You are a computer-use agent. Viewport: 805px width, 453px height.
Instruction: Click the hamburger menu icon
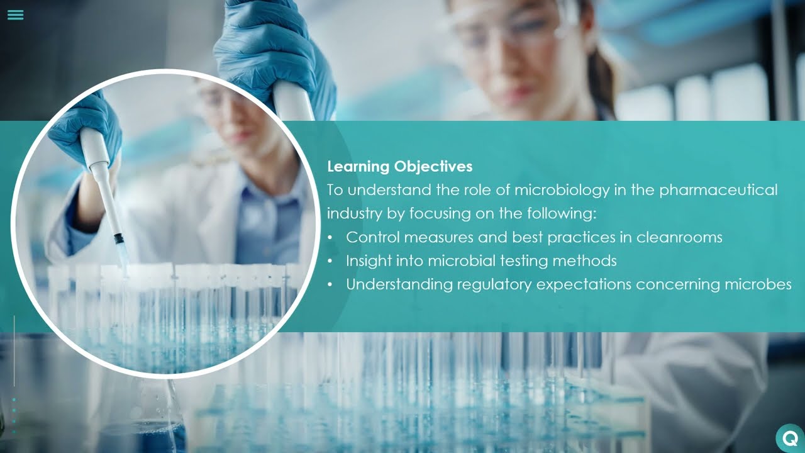pyautogui.click(x=16, y=15)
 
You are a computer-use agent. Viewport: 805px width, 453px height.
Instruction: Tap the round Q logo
pyautogui.click(x=790, y=438)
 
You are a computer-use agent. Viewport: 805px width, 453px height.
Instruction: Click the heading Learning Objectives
pyautogui.click(x=399, y=167)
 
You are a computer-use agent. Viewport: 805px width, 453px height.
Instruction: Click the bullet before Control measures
pyautogui.click(x=331, y=238)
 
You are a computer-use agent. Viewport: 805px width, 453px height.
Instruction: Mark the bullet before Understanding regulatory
pyautogui.click(x=331, y=285)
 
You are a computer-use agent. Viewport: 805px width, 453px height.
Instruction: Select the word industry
pyautogui.click(x=354, y=214)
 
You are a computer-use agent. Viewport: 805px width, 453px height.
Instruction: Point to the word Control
pyautogui.click(x=372, y=237)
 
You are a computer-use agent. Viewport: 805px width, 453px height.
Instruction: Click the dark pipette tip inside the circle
pyautogui.click(x=119, y=239)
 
